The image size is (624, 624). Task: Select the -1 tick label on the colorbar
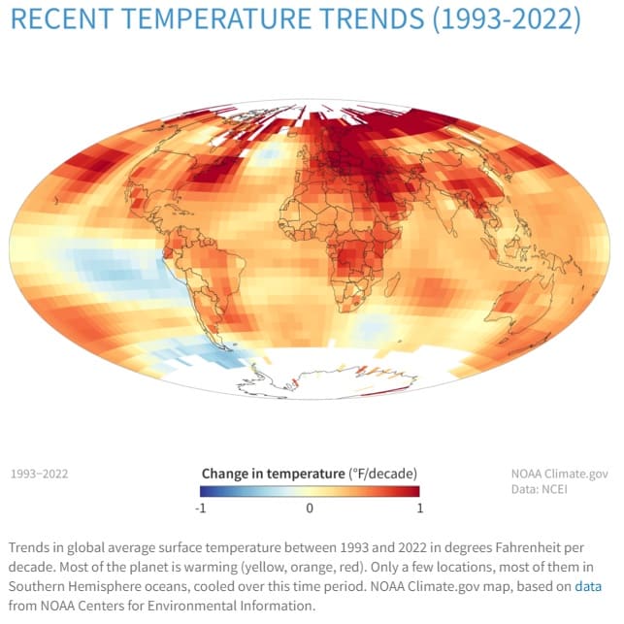coord(200,508)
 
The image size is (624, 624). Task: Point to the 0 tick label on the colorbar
coord(310,508)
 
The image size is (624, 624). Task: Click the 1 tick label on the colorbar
coord(418,508)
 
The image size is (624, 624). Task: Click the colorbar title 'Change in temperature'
coord(273,474)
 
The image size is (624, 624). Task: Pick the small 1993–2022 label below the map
coord(39,475)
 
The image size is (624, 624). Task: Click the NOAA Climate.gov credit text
coord(560,474)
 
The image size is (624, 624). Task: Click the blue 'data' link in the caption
coord(587,586)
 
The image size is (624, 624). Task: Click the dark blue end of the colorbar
coord(206,491)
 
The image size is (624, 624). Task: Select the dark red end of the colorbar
coord(414,491)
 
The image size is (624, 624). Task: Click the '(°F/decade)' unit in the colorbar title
coord(383,474)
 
